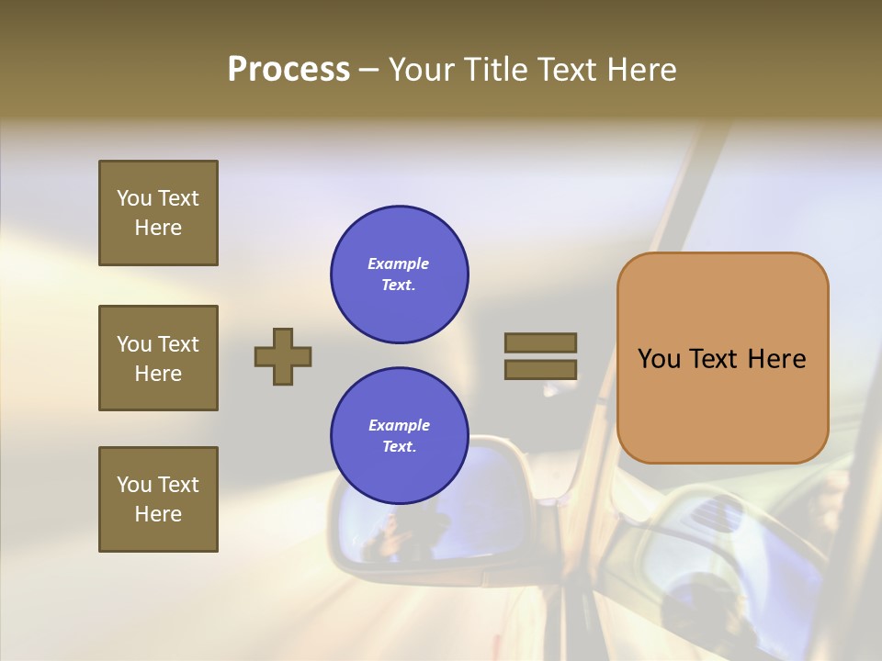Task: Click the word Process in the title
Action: pyautogui.click(x=288, y=70)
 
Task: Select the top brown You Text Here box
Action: pyautogui.click(x=158, y=213)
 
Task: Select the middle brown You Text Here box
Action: pyautogui.click(x=158, y=358)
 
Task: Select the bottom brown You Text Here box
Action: pyautogui.click(x=158, y=499)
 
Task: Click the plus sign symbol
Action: pyautogui.click(x=283, y=356)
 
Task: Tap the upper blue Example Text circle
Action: pyautogui.click(x=400, y=274)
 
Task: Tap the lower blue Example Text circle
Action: pyautogui.click(x=400, y=436)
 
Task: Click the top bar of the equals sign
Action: pyautogui.click(x=540, y=342)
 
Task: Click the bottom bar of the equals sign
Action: pyautogui.click(x=540, y=369)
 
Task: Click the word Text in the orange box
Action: pyautogui.click(x=716, y=359)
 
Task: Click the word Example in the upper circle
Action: pyautogui.click(x=399, y=263)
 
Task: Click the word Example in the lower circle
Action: pyautogui.click(x=399, y=425)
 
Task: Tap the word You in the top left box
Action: pyautogui.click(x=134, y=198)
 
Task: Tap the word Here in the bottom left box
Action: pyautogui.click(x=158, y=514)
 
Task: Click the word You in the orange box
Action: pyautogui.click(x=659, y=359)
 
